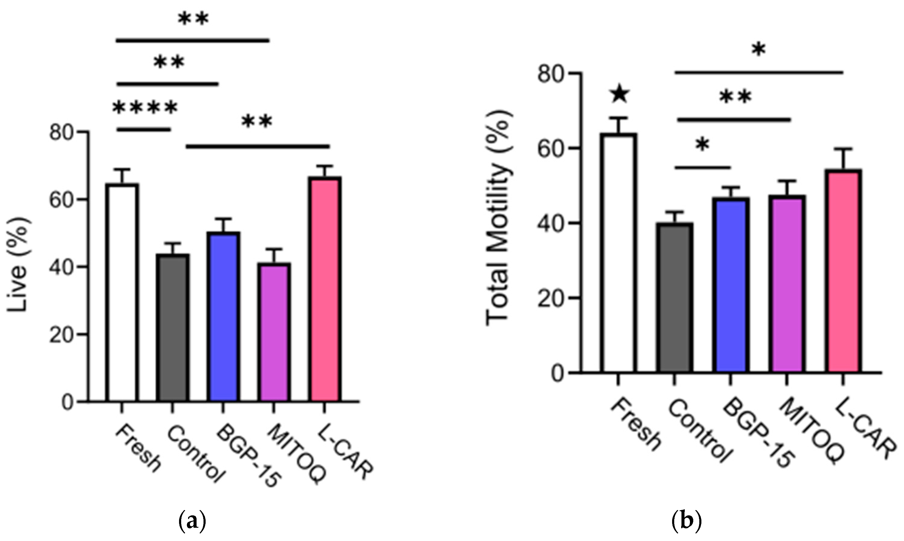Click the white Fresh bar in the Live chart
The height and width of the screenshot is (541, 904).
pyautogui.click(x=123, y=292)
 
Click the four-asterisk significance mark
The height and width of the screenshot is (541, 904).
pyautogui.click(x=145, y=108)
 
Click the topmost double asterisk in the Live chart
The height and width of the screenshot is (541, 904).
pyautogui.click(x=193, y=19)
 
